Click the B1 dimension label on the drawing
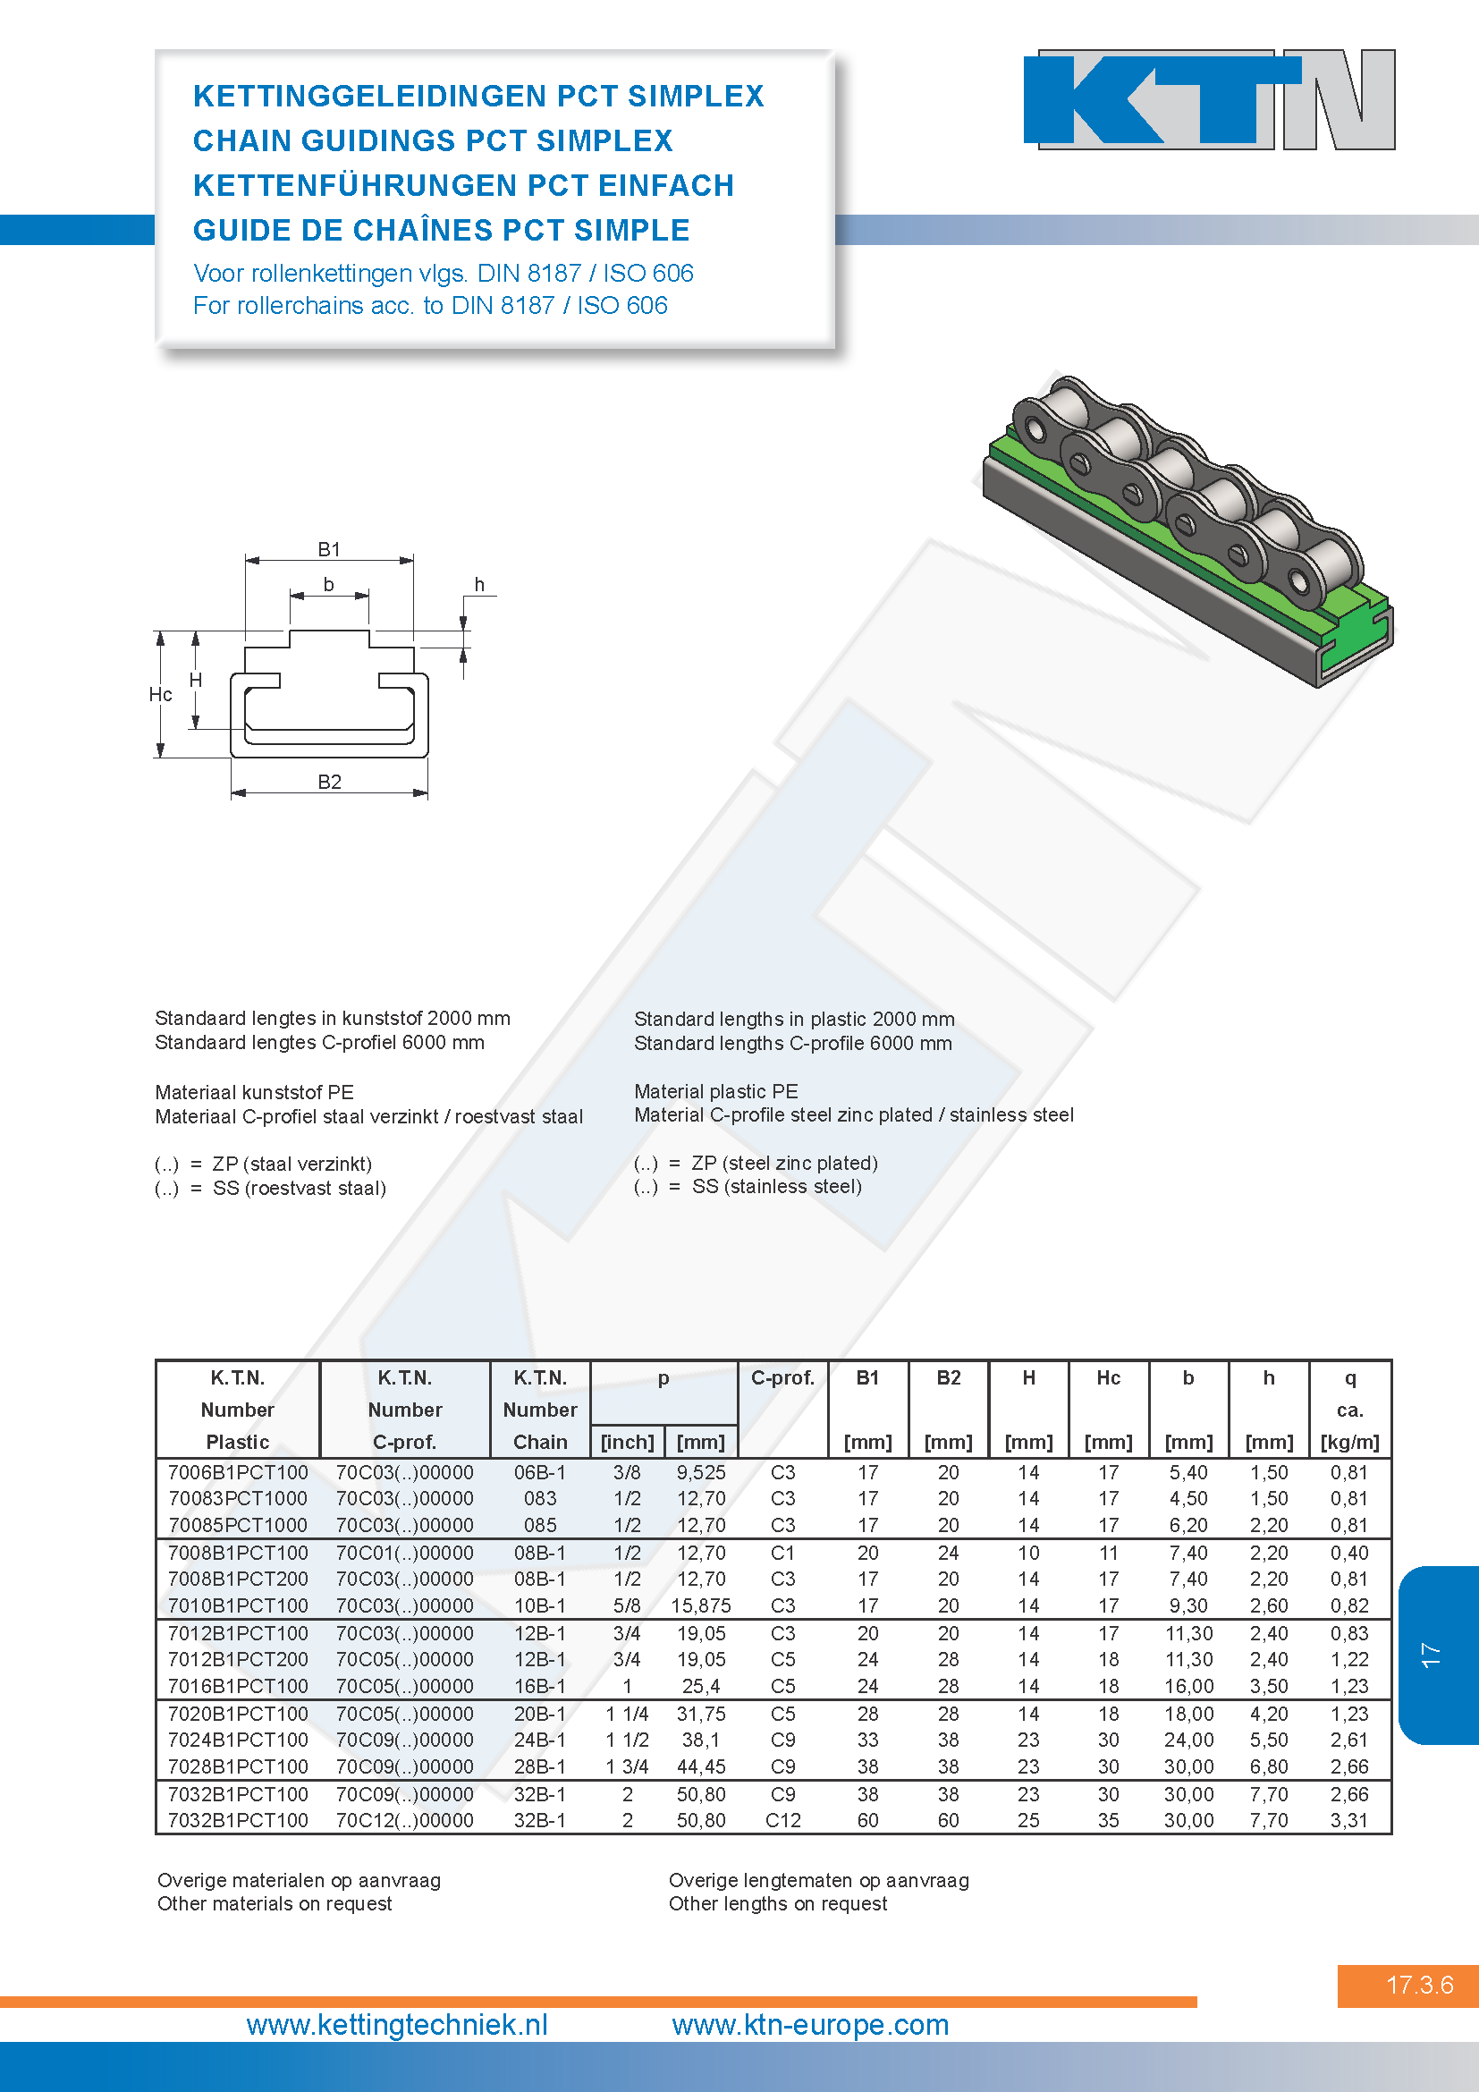click(329, 549)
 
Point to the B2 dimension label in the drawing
click(330, 782)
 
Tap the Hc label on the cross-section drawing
click(160, 694)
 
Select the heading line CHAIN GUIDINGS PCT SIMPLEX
click(433, 140)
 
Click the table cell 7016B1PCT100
click(238, 1686)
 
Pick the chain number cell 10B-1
click(540, 1605)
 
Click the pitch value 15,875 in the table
click(701, 1605)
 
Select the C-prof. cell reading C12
click(783, 1820)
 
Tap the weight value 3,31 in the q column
click(1349, 1820)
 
